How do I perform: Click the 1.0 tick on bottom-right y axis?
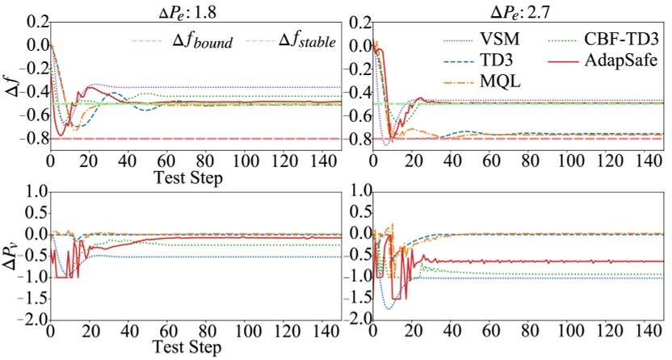click(355, 191)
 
